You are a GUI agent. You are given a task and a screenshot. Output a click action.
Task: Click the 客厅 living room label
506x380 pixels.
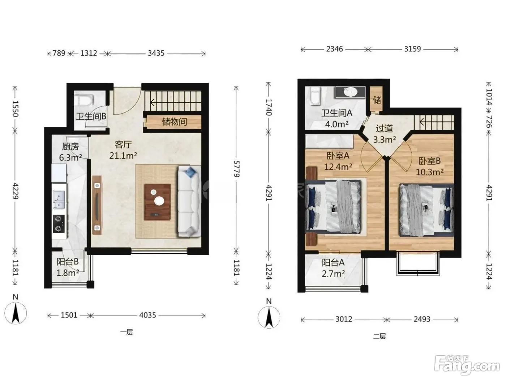point(123,145)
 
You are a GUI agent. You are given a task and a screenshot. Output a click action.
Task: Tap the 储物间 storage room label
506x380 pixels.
point(174,121)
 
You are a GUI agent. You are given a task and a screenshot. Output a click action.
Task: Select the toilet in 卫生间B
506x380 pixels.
point(84,101)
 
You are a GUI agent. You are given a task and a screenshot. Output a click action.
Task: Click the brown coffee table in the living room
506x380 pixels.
point(158,202)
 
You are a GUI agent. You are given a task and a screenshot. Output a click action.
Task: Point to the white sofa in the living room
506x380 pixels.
point(189,201)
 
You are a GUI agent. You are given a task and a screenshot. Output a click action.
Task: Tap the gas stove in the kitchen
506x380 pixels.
point(59,223)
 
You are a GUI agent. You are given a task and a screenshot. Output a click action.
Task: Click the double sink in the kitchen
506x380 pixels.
point(59,199)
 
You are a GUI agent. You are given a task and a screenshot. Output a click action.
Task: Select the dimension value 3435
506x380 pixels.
point(156,53)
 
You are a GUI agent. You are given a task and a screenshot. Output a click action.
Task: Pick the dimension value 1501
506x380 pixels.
point(69,315)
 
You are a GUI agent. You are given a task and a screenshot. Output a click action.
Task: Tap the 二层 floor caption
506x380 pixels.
point(379,336)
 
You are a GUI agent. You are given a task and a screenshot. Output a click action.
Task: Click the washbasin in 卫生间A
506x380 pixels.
point(350,92)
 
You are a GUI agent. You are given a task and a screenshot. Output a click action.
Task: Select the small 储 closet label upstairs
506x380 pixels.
point(377,100)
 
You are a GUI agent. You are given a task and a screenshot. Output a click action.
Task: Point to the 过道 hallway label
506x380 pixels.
point(384,128)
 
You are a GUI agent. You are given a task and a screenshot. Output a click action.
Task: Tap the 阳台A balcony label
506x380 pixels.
point(333,263)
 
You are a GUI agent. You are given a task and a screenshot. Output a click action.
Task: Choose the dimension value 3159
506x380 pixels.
point(412,49)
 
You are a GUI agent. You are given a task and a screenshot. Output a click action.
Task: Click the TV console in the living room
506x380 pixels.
point(97,205)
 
